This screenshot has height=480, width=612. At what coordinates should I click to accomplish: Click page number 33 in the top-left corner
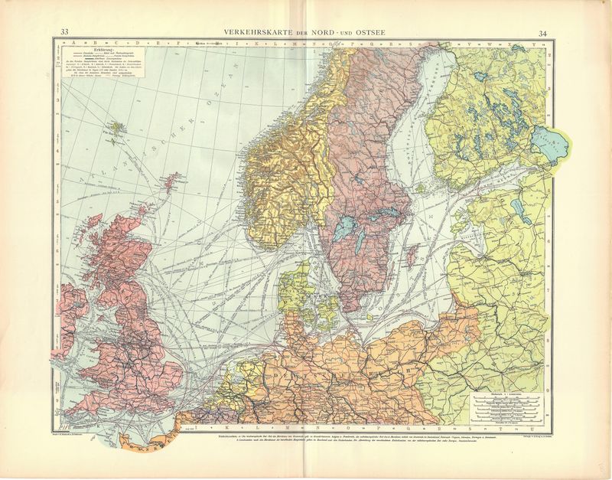tap(65, 31)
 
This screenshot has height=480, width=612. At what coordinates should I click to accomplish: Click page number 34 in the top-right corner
tap(542, 33)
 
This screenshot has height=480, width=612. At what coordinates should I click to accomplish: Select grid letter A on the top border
tap(73, 43)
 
